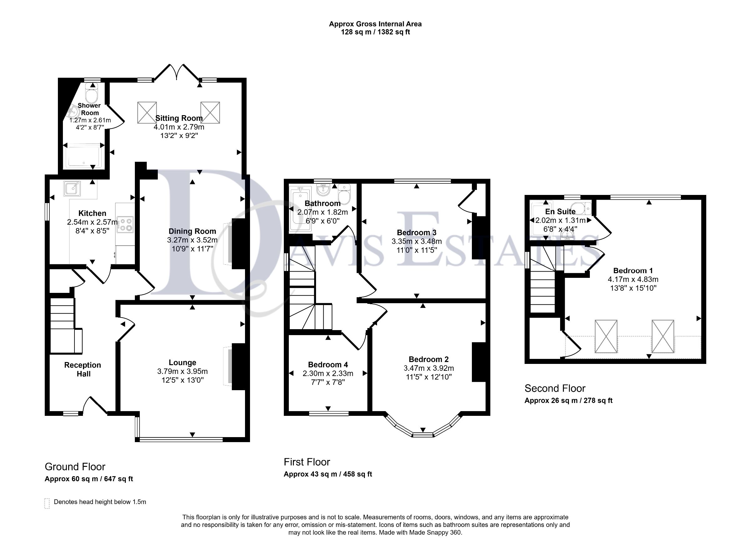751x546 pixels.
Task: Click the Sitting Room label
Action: [179, 118]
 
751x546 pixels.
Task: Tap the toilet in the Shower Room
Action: [91, 92]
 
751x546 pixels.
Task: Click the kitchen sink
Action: [72, 188]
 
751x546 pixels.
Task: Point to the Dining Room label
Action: [192, 232]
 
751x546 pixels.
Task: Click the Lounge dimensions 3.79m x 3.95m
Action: [182, 371]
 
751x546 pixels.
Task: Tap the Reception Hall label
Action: [83, 369]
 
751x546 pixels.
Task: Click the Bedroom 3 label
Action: [416, 232]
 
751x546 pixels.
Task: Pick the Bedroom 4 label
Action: [328, 365]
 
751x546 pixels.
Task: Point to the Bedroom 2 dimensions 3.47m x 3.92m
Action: [428, 368]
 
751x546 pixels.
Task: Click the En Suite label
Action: [560, 212]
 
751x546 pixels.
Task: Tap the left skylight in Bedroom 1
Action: [606, 336]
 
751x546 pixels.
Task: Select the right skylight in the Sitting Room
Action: [210, 113]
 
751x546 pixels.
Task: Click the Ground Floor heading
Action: [75, 467]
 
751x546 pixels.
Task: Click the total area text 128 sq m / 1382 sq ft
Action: [375, 32]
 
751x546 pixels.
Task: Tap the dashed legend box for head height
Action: [47, 503]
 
